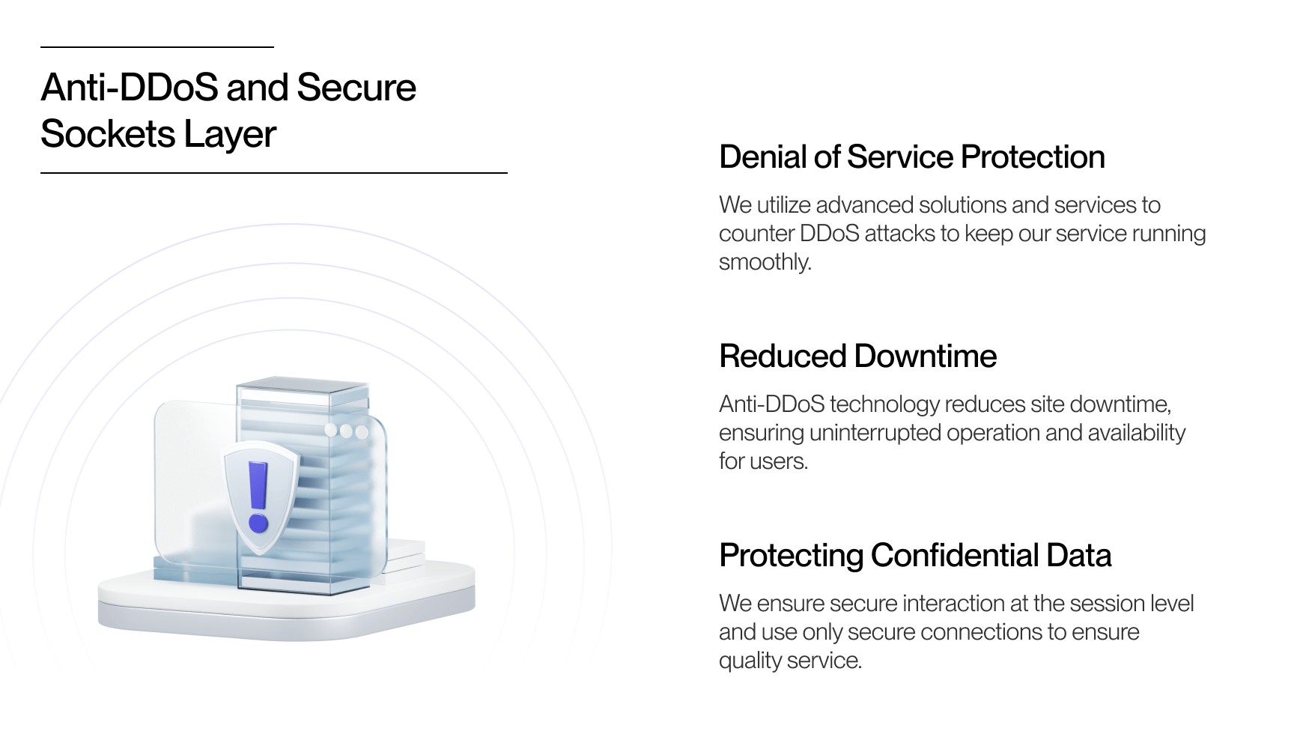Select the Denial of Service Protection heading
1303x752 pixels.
(x=911, y=157)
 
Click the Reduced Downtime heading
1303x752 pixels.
(x=857, y=357)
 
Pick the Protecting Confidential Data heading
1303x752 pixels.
(x=914, y=556)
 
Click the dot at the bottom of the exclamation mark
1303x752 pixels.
(x=258, y=522)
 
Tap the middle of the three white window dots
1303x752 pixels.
(x=346, y=431)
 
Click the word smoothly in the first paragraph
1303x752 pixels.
(x=765, y=262)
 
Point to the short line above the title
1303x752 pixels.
(x=157, y=47)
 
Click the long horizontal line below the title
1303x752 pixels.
(x=273, y=173)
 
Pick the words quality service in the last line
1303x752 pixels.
(x=790, y=661)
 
